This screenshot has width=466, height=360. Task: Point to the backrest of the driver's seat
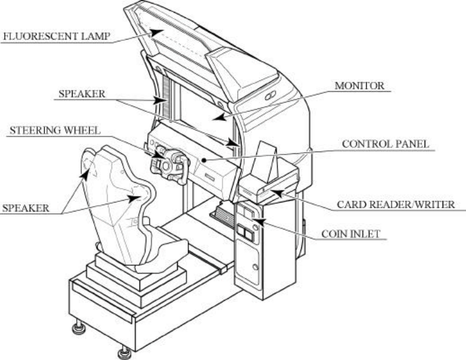117,192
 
